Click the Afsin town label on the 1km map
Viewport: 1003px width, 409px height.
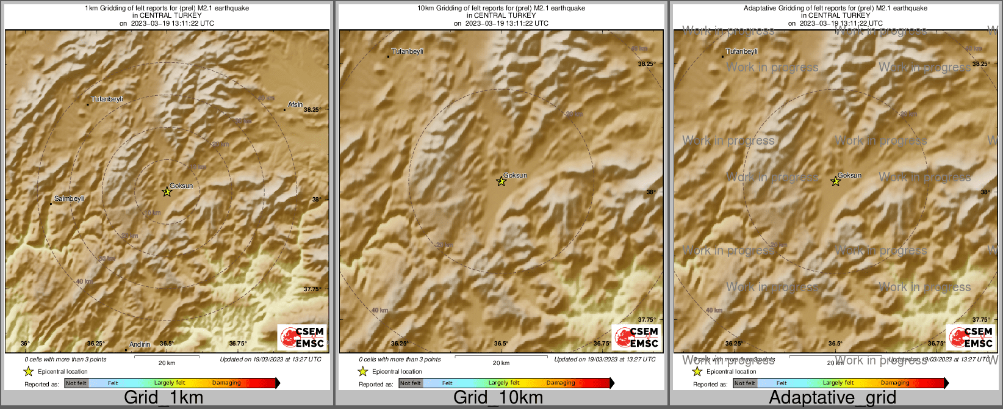tap(295, 104)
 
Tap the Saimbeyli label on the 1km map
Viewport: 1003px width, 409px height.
tap(69, 198)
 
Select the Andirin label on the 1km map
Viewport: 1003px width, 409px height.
tap(140, 344)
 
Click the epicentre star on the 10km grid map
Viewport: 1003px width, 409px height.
tap(501, 181)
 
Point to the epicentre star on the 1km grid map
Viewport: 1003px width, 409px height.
tap(167, 192)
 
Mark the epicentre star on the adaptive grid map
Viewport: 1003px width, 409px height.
tap(835, 181)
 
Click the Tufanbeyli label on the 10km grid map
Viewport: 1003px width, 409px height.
tap(407, 52)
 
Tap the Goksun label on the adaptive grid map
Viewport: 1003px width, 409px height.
tap(849, 175)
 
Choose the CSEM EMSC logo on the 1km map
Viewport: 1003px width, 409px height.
tap(302, 338)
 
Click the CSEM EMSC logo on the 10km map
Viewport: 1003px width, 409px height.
tap(636, 338)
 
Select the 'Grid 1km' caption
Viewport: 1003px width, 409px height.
tap(164, 397)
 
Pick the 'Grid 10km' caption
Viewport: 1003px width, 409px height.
tap(498, 397)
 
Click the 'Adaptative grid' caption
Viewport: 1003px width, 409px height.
tap(832, 397)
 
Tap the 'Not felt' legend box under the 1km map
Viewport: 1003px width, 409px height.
tap(76, 383)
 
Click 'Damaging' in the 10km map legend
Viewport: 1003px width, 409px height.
tap(561, 383)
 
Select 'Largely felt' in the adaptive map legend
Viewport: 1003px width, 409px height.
tap(838, 383)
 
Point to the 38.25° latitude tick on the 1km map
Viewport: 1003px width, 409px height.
tap(312, 110)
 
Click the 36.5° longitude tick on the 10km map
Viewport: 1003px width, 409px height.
tap(501, 344)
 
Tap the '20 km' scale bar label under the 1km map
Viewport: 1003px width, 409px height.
tap(167, 363)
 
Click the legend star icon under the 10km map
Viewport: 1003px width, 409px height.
tap(362, 371)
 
